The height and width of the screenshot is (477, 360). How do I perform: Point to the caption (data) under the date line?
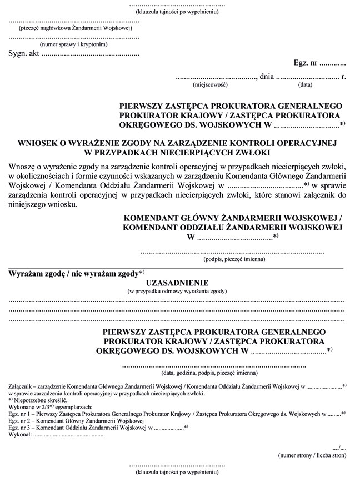click(x=305, y=86)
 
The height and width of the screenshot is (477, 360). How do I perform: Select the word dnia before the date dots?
click(x=267, y=77)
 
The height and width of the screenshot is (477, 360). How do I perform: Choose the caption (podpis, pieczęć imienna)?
click(x=232, y=259)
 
